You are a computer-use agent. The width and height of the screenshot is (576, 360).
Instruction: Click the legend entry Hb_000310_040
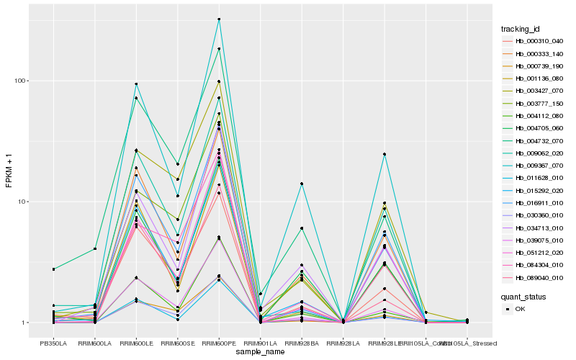point(533,41)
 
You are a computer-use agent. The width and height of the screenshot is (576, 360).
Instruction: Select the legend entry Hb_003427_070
point(533,91)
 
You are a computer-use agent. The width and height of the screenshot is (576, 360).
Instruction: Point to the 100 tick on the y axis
point(25,81)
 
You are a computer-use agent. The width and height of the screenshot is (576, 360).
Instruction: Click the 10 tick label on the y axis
point(27,202)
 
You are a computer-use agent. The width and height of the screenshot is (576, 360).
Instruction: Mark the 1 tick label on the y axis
point(29,323)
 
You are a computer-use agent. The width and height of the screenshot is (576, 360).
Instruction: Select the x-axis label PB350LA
point(53,343)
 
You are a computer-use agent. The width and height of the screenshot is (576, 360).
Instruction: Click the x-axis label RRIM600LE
point(136,343)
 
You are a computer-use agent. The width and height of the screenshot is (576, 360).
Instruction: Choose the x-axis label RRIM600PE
point(219,343)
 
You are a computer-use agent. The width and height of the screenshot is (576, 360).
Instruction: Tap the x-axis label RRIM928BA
point(302,343)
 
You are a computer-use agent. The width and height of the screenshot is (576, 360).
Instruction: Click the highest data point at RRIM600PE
point(219,19)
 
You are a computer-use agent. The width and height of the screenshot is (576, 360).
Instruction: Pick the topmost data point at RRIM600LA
point(95,249)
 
